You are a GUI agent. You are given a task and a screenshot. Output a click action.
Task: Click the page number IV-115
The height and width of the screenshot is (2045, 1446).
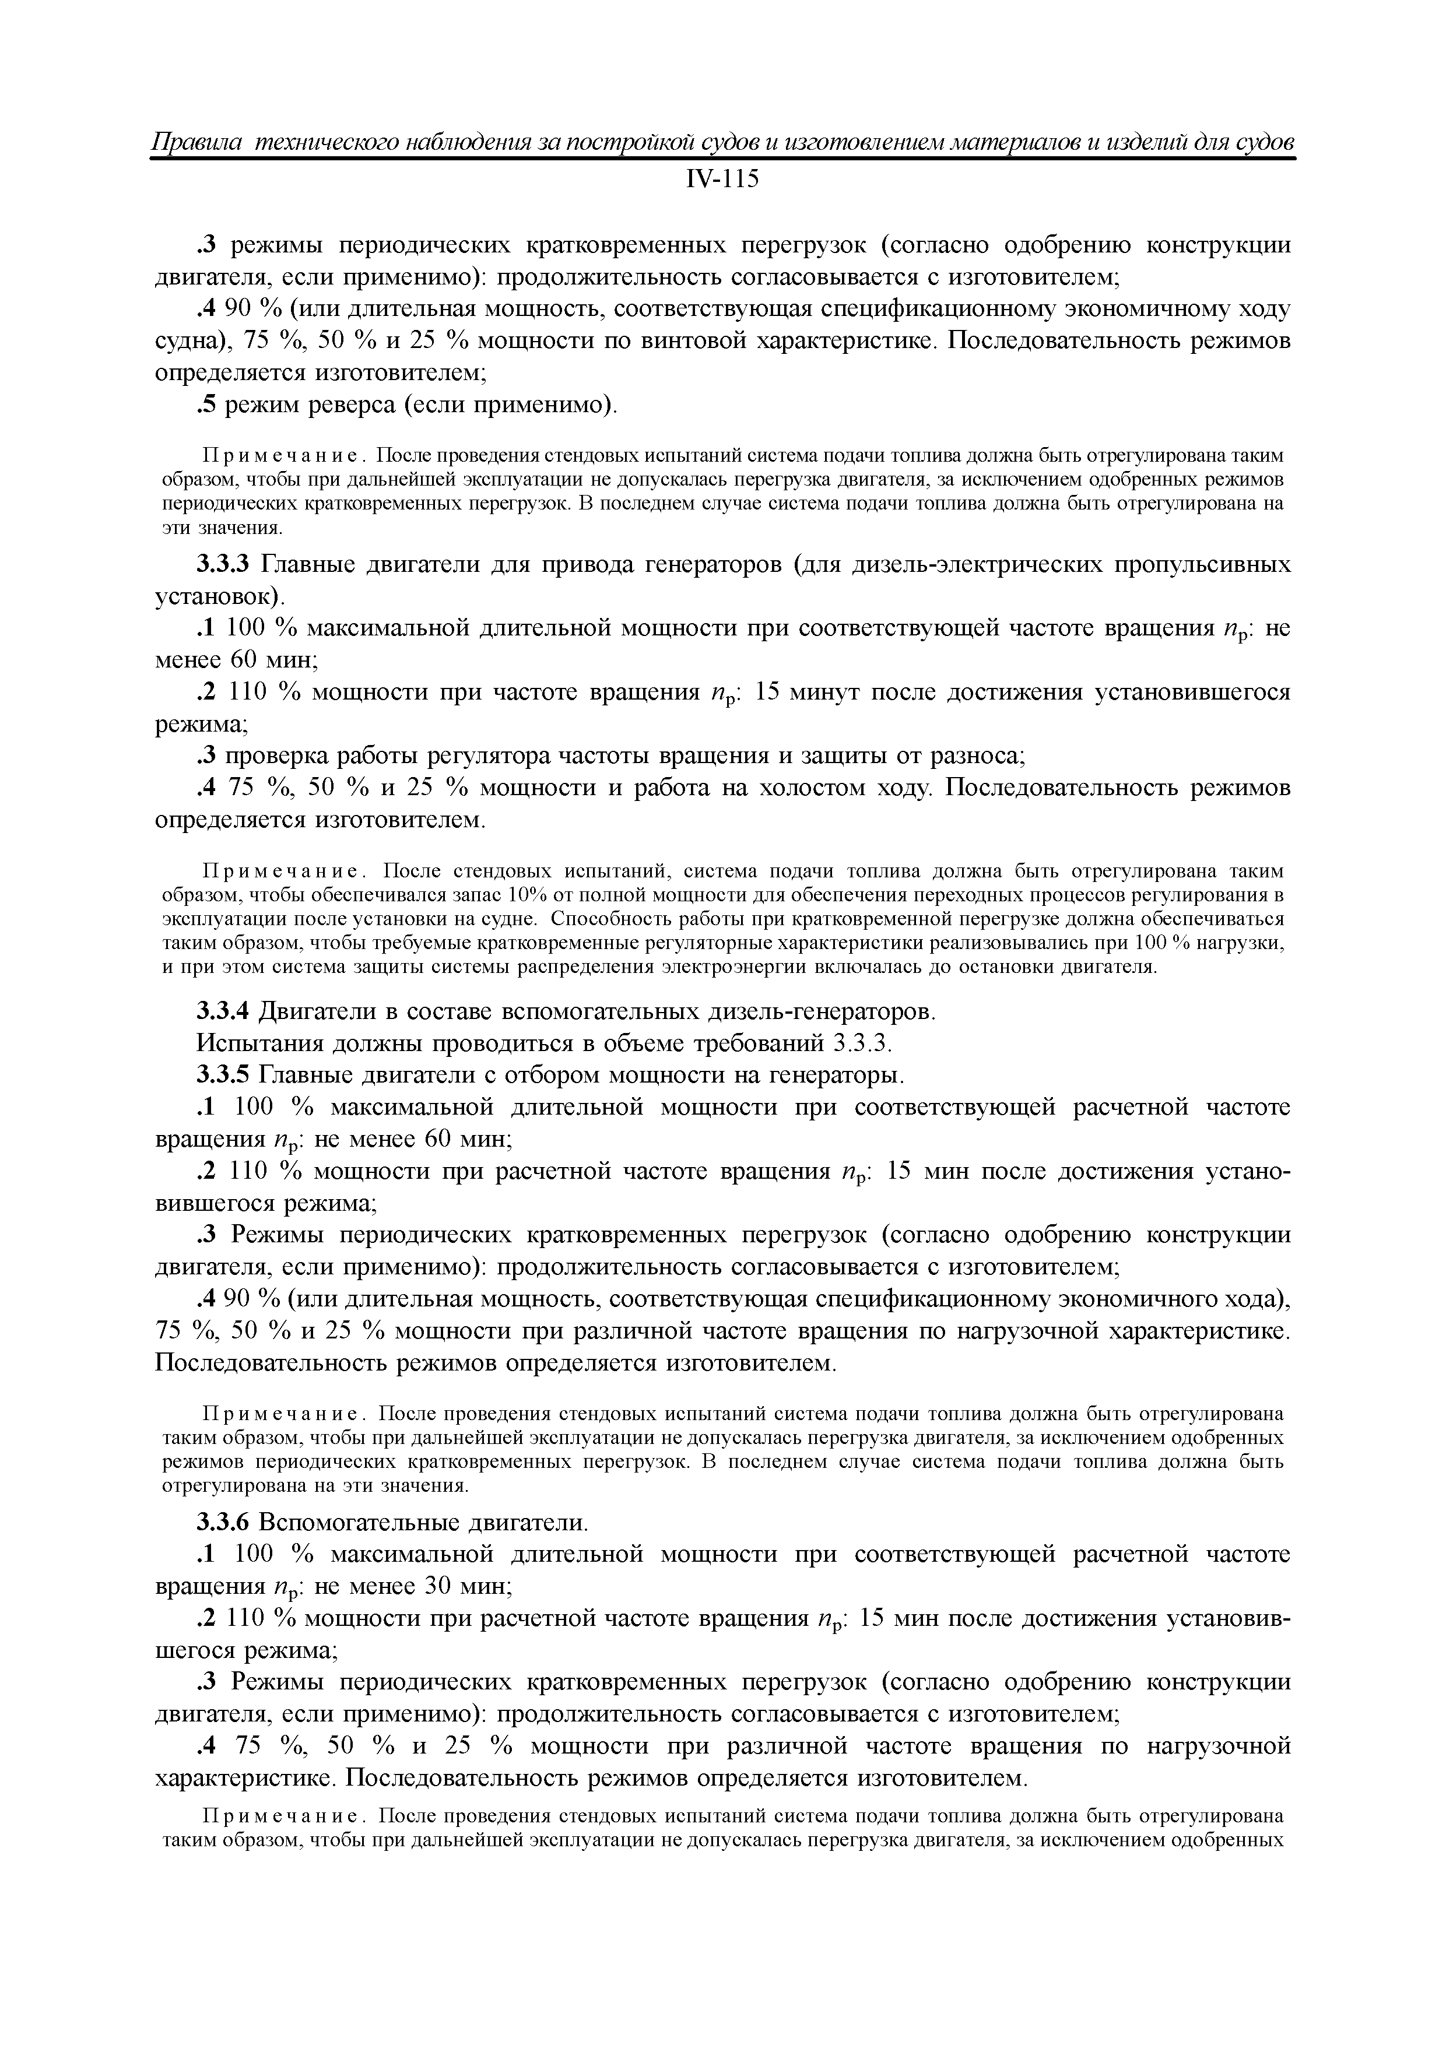(x=722, y=180)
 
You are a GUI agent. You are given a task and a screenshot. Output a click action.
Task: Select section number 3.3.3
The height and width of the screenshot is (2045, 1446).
(x=226, y=565)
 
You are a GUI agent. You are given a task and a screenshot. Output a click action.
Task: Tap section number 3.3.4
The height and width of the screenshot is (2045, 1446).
(x=226, y=1012)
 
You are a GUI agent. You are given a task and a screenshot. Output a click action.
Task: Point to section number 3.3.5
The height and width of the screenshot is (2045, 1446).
(x=226, y=1076)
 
